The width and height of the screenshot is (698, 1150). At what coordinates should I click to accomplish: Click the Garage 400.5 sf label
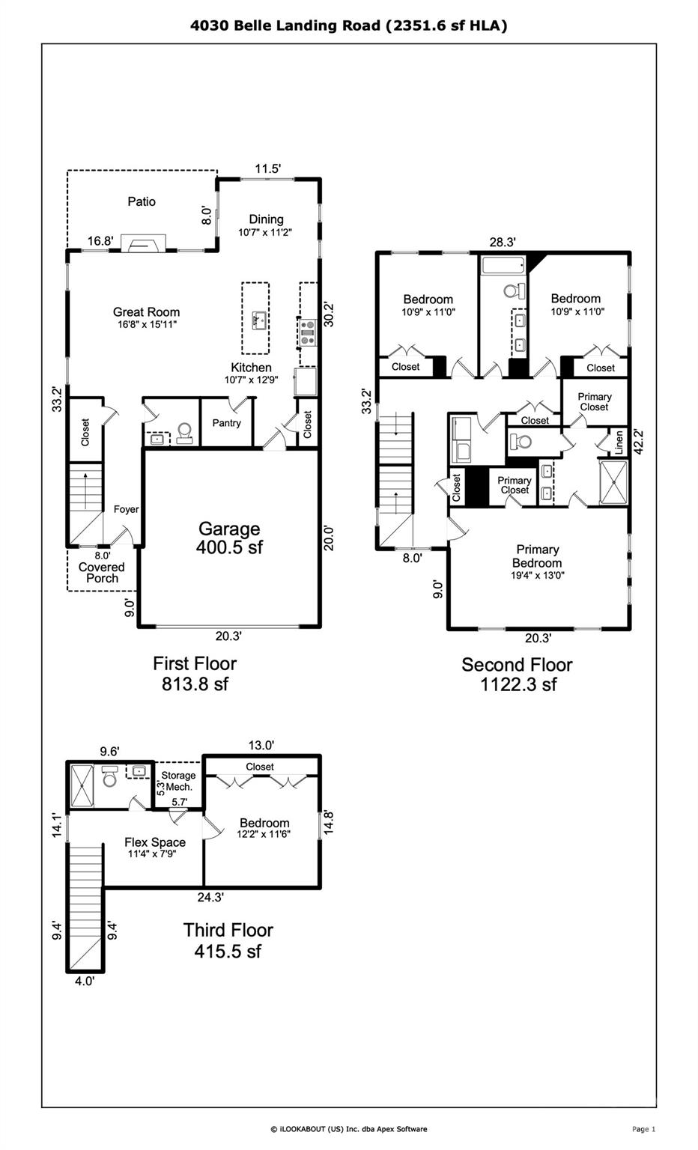coord(229,538)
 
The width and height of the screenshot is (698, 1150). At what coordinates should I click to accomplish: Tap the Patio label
coord(142,201)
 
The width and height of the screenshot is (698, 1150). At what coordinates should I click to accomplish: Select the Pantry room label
coord(226,423)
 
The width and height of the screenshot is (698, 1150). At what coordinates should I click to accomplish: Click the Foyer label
coord(126,509)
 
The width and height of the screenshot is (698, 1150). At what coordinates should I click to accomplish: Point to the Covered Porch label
coord(102,572)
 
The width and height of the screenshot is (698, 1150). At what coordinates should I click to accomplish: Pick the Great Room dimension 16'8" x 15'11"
coord(147,325)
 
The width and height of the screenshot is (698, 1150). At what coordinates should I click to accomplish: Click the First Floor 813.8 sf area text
coord(195,673)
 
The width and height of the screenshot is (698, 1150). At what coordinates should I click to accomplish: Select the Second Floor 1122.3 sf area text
coord(518,674)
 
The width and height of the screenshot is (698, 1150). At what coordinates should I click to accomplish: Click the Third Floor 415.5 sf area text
coord(228,940)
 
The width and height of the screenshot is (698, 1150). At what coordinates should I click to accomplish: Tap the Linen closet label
coord(619,442)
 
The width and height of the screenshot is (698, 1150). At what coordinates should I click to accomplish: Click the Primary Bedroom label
coord(537,556)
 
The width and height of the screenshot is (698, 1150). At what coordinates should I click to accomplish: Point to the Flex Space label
coord(154,842)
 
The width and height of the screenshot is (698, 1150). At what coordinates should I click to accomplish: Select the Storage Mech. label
coord(178,781)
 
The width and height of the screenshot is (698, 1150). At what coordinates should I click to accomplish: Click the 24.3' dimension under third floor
coord(210,897)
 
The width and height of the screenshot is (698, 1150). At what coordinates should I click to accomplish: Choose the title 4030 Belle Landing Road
coord(349,25)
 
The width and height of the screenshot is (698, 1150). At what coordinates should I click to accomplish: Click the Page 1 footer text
coord(643,1129)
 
